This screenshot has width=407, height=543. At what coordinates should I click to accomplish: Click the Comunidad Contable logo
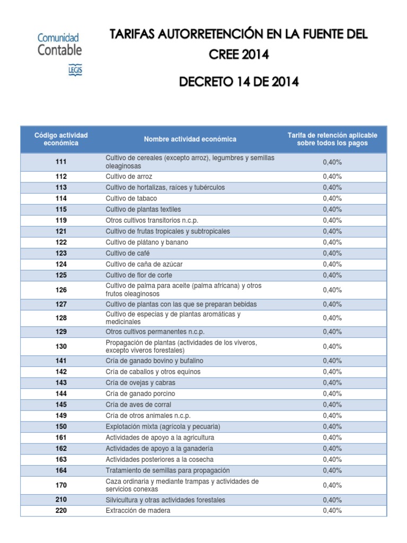59,52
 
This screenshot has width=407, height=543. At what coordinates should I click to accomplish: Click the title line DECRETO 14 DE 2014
238,82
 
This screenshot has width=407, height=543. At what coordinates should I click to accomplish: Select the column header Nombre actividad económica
190,139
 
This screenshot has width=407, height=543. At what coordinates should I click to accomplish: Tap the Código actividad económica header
61,139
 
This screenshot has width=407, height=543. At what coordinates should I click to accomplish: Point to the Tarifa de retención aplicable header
332,139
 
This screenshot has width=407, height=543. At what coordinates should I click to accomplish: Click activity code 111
61,162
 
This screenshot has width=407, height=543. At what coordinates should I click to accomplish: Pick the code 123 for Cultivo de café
61,253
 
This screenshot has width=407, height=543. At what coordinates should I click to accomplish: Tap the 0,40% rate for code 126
332,290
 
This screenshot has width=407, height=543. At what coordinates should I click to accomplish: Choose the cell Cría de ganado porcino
140,393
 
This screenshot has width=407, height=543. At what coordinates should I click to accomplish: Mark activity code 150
61,426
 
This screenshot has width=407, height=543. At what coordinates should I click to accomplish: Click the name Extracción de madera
138,511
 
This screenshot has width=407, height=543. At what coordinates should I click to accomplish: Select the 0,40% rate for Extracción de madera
332,511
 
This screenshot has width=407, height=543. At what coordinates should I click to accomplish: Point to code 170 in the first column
61,485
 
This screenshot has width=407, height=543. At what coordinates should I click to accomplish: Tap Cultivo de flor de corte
139,275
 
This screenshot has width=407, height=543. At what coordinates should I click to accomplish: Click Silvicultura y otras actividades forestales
165,500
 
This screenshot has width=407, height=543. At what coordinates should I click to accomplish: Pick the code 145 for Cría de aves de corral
61,405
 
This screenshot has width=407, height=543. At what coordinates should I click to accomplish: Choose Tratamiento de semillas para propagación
167,470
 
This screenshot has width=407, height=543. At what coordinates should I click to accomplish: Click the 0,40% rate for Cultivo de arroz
332,176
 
